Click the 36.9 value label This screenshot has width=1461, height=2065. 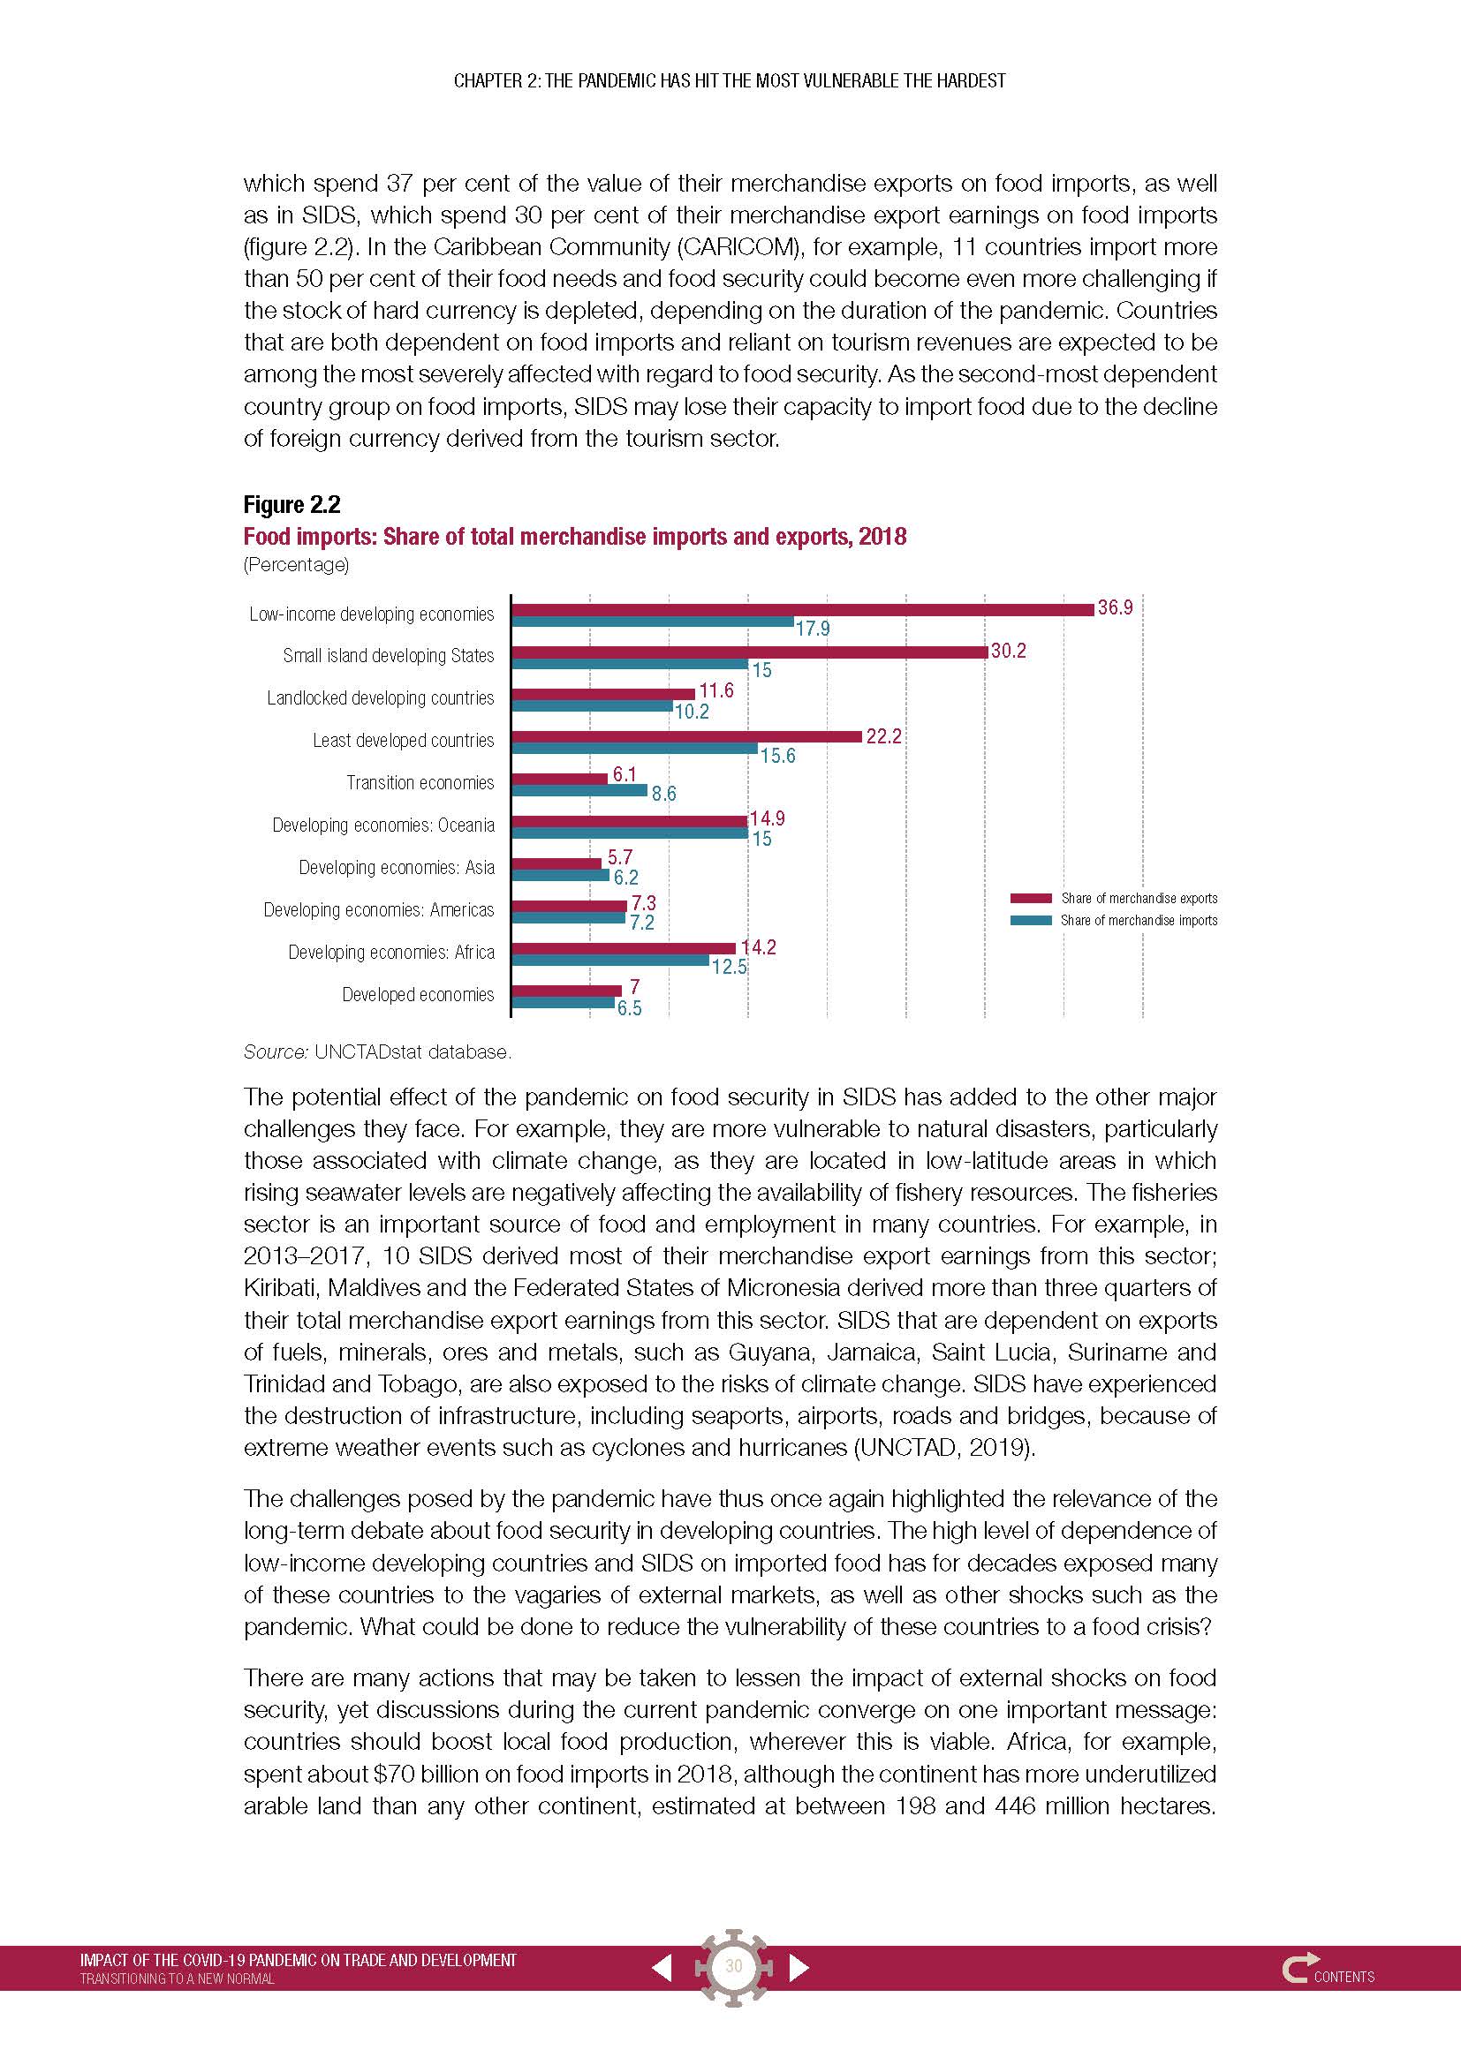pyautogui.click(x=1115, y=608)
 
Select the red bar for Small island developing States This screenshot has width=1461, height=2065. pyautogui.click(x=749, y=652)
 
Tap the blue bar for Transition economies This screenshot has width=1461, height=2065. pyautogui.click(x=579, y=790)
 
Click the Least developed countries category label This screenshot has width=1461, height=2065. pyautogui.click(x=403, y=740)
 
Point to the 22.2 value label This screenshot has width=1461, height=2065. pyautogui.click(x=883, y=736)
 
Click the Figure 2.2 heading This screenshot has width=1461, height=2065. pyautogui.click(x=291, y=505)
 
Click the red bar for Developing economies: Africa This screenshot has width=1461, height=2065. pyautogui.click(x=624, y=947)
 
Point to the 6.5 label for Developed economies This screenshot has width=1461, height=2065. pyautogui.click(x=629, y=1008)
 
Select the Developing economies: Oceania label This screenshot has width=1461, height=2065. pyautogui.click(x=383, y=825)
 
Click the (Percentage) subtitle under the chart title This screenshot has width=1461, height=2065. pyautogui.click(x=296, y=565)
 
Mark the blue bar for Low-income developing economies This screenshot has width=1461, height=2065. pyautogui.click(x=652, y=622)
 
